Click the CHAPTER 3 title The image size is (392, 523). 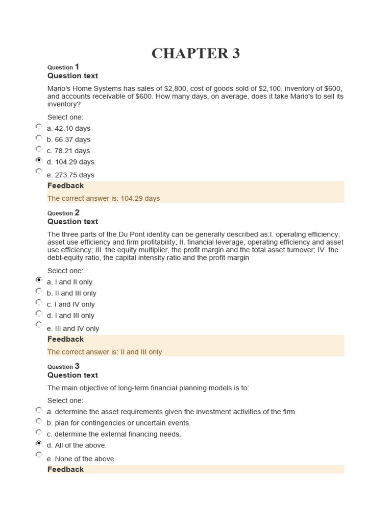click(195, 54)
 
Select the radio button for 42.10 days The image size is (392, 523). click(39, 126)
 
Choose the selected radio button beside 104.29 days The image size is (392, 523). click(39, 160)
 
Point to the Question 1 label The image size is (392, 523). click(63, 67)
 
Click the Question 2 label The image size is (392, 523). click(63, 213)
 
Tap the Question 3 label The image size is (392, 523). click(63, 366)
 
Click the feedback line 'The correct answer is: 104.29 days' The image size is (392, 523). click(104, 198)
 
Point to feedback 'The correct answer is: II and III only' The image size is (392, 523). click(105, 352)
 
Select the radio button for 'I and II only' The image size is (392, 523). click(39, 280)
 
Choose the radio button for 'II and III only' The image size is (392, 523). click(39, 291)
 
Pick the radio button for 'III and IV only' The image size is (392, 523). click(39, 324)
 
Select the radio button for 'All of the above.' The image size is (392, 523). click(39, 443)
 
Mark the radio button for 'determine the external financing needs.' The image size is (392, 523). click(39, 432)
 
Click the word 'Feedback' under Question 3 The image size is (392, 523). click(65, 469)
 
